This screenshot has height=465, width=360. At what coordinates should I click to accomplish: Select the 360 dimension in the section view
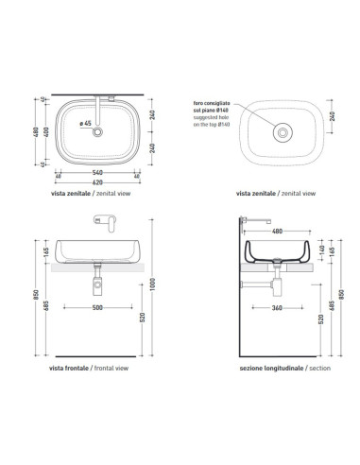274,308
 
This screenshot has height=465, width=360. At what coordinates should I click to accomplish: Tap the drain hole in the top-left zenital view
98,133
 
